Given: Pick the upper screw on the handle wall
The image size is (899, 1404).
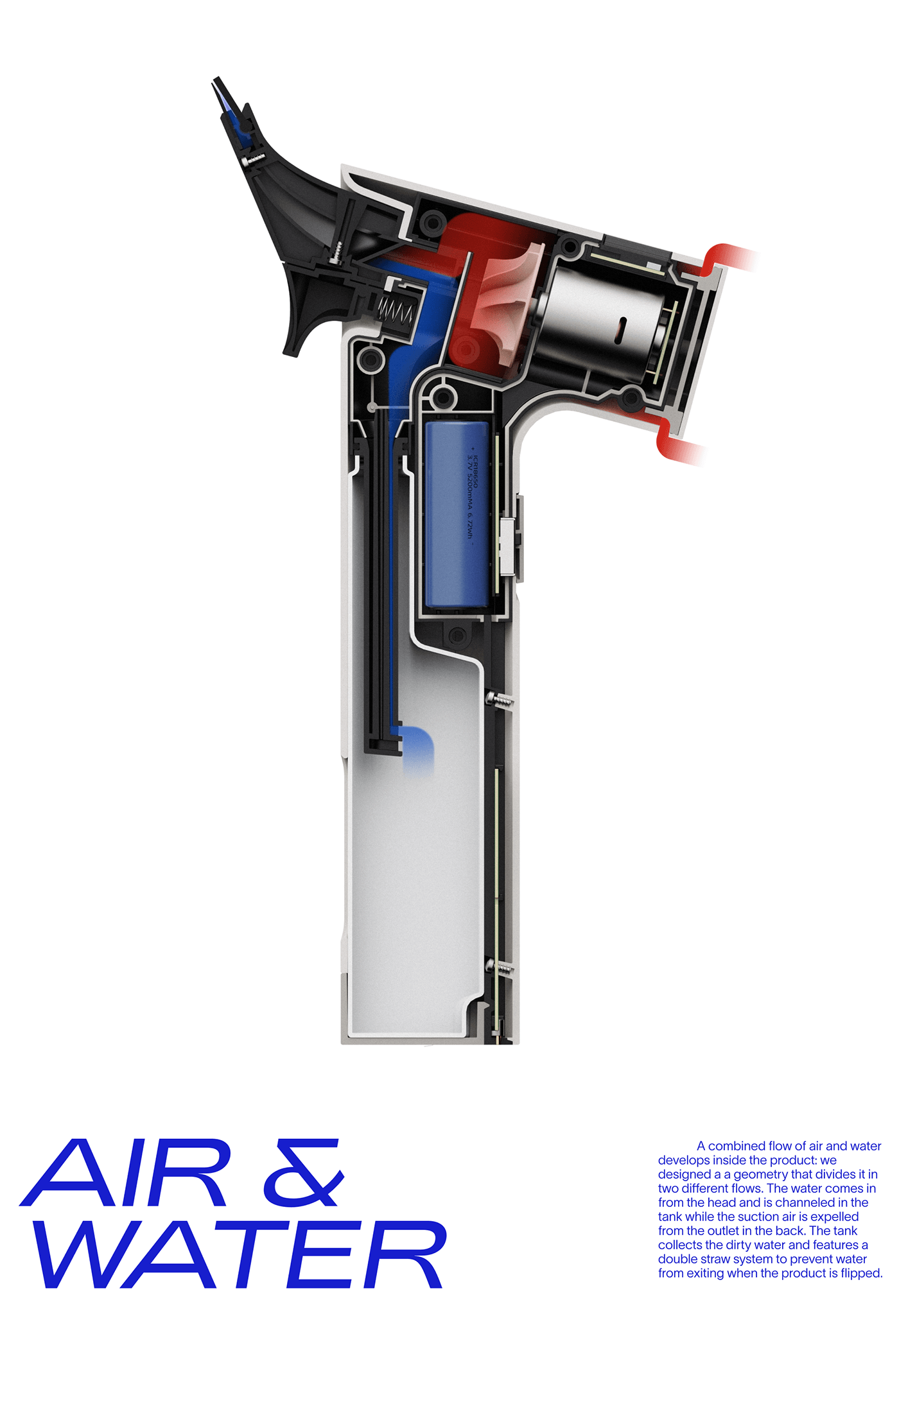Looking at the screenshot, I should coord(500,699).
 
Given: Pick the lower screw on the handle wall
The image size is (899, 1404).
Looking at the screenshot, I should coord(500,966).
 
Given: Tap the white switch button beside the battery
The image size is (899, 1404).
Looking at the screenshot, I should coord(507,546).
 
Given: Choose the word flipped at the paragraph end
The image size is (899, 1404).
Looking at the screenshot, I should coord(860,1273).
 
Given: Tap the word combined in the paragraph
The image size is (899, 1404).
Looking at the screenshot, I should coord(737,1146).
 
